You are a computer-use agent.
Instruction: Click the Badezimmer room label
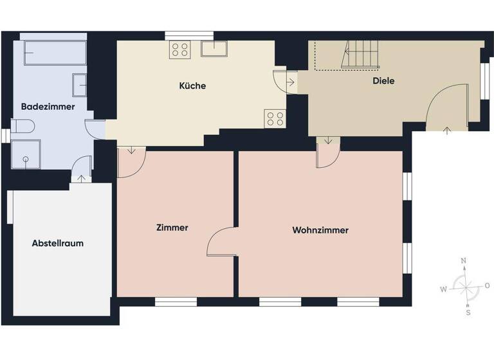48,106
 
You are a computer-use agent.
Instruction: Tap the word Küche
192,85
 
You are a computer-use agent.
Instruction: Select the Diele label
383,81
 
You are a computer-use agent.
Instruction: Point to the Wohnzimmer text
320,230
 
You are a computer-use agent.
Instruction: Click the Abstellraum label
58,243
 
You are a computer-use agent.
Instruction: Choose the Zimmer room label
172,228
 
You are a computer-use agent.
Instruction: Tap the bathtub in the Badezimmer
55,53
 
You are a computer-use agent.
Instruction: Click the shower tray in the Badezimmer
26,154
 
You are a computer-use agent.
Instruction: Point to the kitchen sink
214,49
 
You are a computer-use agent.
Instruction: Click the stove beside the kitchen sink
179,50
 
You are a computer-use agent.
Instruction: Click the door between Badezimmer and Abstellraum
81,170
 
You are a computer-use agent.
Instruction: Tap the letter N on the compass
463,261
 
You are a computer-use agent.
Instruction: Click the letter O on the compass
487,285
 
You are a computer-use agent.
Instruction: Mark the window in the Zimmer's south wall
176,301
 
